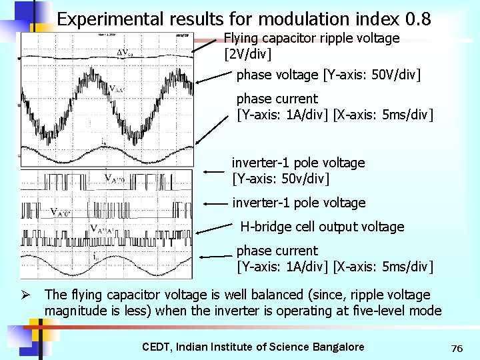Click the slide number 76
tap(457, 348)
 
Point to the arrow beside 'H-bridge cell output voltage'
tap(214, 228)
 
